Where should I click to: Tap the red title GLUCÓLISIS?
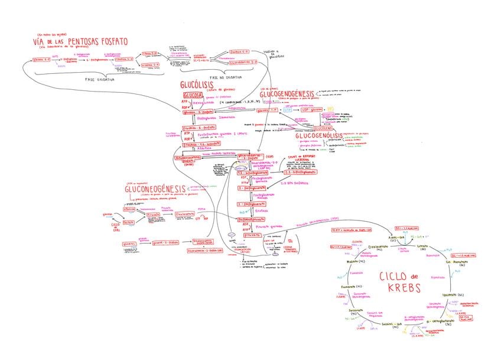(x=198, y=87)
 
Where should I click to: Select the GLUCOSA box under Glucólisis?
(x=193, y=95)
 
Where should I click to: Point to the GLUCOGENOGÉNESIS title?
(x=287, y=94)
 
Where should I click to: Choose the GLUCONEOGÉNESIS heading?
(x=155, y=189)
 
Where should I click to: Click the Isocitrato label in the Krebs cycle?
(x=450, y=293)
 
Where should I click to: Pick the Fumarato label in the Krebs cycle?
(x=349, y=287)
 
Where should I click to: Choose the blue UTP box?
(x=288, y=110)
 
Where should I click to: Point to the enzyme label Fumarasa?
(x=356, y=273)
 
